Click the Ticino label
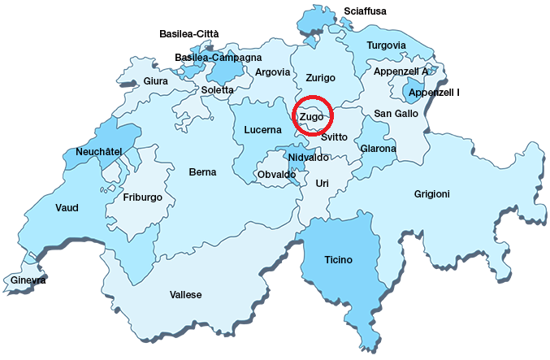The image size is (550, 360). (339, 260)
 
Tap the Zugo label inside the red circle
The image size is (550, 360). (311, 117)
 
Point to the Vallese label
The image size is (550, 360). (185, 294)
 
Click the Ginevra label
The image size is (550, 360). (28, 280)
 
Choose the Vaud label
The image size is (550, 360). (67, 208)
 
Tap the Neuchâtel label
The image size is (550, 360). (98, 152)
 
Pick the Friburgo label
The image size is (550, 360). (143, 197)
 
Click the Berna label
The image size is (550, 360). (202, 172)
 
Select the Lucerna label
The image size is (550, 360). (262, 129)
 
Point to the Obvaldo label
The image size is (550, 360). (276, 175)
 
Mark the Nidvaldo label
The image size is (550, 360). (308, 157)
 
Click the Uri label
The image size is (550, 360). (322, 184)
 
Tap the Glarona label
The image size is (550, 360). (378, 149)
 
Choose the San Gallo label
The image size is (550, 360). (396, 113)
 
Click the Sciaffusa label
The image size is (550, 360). (365, 11)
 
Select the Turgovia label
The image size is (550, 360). (386, 46)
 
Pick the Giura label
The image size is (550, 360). (155, 81)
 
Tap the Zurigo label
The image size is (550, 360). (320, 77)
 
